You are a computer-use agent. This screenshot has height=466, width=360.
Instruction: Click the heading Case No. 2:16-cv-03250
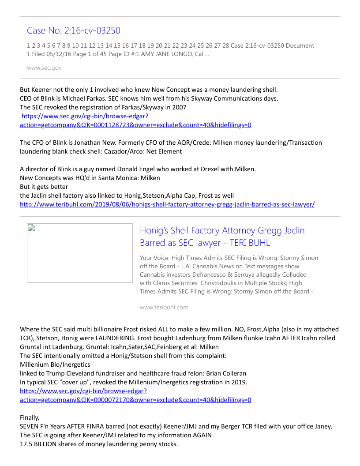coord(73,30)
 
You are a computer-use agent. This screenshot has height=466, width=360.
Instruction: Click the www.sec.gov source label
coord(44,68)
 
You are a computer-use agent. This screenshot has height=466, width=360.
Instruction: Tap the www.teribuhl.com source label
coord(164,307)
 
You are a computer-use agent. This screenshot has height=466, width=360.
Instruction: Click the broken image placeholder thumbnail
coord(80,253)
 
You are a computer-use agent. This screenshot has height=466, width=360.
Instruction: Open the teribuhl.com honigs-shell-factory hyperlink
coord(167,204)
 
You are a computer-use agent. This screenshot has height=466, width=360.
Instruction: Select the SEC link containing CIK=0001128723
coord(135,125)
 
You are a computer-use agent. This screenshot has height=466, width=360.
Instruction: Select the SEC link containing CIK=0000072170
coord(135,400)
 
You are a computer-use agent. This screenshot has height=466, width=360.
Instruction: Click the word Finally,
coord(30,417)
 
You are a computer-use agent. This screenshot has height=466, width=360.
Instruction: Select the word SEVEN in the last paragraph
coord(30,426)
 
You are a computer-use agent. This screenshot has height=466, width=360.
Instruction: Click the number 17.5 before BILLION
coord(26,444)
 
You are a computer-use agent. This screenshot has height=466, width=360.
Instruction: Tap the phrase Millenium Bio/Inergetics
coord(55,365)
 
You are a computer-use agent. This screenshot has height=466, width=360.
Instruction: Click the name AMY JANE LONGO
coord(167,54)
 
